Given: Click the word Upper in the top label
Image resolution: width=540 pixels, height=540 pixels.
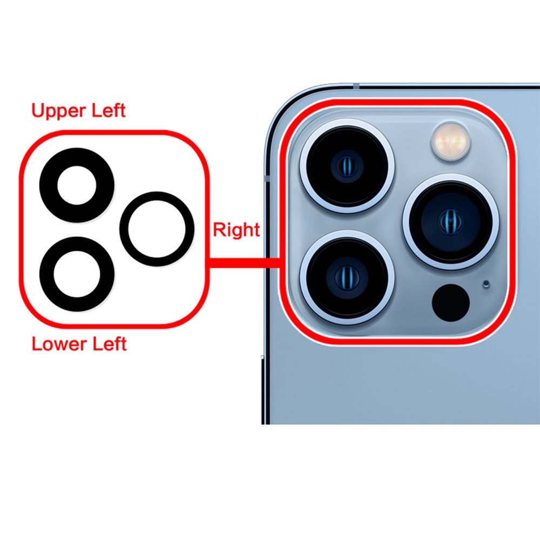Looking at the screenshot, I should point(58,111).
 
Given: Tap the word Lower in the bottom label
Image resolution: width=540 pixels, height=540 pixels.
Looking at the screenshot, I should point(57,343).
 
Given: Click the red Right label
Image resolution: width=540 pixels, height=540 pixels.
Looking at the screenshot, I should point(236,230).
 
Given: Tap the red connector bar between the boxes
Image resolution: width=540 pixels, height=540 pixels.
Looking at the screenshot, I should point(243,263).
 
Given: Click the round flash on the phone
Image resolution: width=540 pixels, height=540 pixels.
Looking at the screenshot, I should point(449,141).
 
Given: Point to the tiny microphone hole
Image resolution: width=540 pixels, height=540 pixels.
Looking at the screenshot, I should point(486,283).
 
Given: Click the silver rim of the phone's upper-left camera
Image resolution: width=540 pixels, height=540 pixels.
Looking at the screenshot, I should point(303,166).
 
